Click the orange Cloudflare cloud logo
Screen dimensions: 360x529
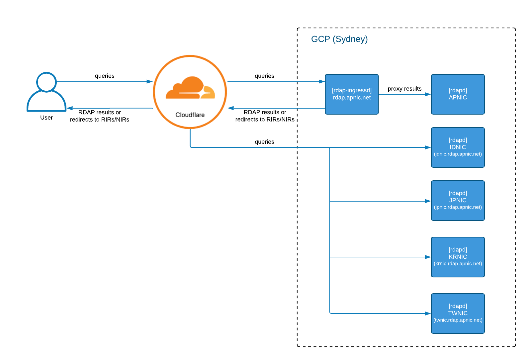pyautogui.click(x=190, y=88)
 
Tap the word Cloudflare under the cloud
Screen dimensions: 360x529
pyautogui.click(x=190, y=115)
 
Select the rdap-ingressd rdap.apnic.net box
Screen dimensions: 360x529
pyautogui.click(x=352, y=94)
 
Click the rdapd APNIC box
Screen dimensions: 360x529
pyautogui.click(x=458, y=94)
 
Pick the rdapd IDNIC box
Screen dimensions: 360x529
pyautogui.click(x=458, y=147)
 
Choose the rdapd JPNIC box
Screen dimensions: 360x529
pyautogui.click(x=458, y=200)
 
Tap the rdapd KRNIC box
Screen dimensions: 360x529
pyautogui.click(x=458, y=257)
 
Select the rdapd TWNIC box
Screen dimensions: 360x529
pyautogui.click(x=458, y=313)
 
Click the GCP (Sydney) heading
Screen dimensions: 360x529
pyautogui.click(x=339, y=39)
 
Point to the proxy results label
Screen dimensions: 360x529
pyautogui.click(x=404, y=89)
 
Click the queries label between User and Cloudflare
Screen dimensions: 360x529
pyautogui.click(x=105, y=76)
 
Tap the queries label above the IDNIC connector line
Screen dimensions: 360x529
pyautogui.click(x=264, y=142)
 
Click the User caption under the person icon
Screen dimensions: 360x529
pyautogui.click(x=46, y=118)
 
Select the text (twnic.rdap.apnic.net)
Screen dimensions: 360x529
pyautogui.click(x=458, y=320)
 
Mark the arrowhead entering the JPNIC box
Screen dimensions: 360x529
pyautogui.click(x=428, y=201)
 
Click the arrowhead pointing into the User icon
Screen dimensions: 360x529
pyautogui.click(x=70, y=108)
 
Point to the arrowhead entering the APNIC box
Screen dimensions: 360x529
pyautogui.click(x=428, y=94)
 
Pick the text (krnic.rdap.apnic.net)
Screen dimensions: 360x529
pyautogui.click(x=458, y=264)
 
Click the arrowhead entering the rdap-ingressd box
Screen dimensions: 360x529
pyautogui.click(x=322, y=81)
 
